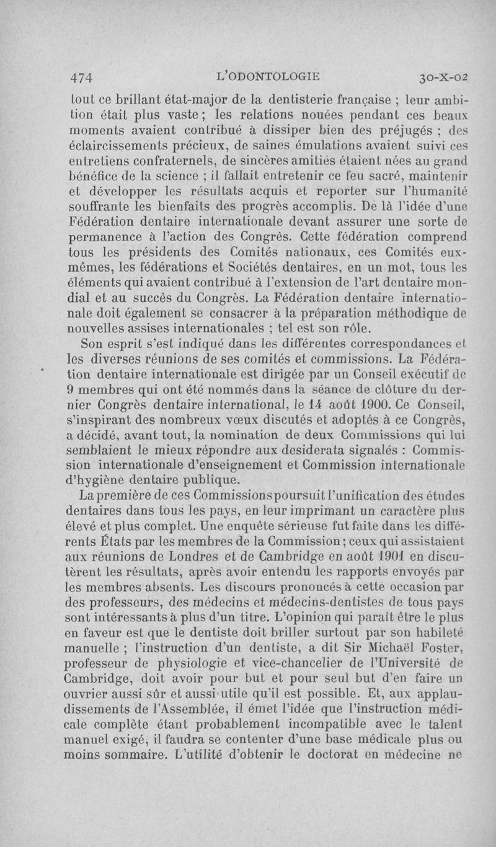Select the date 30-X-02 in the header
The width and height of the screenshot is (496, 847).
443,78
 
